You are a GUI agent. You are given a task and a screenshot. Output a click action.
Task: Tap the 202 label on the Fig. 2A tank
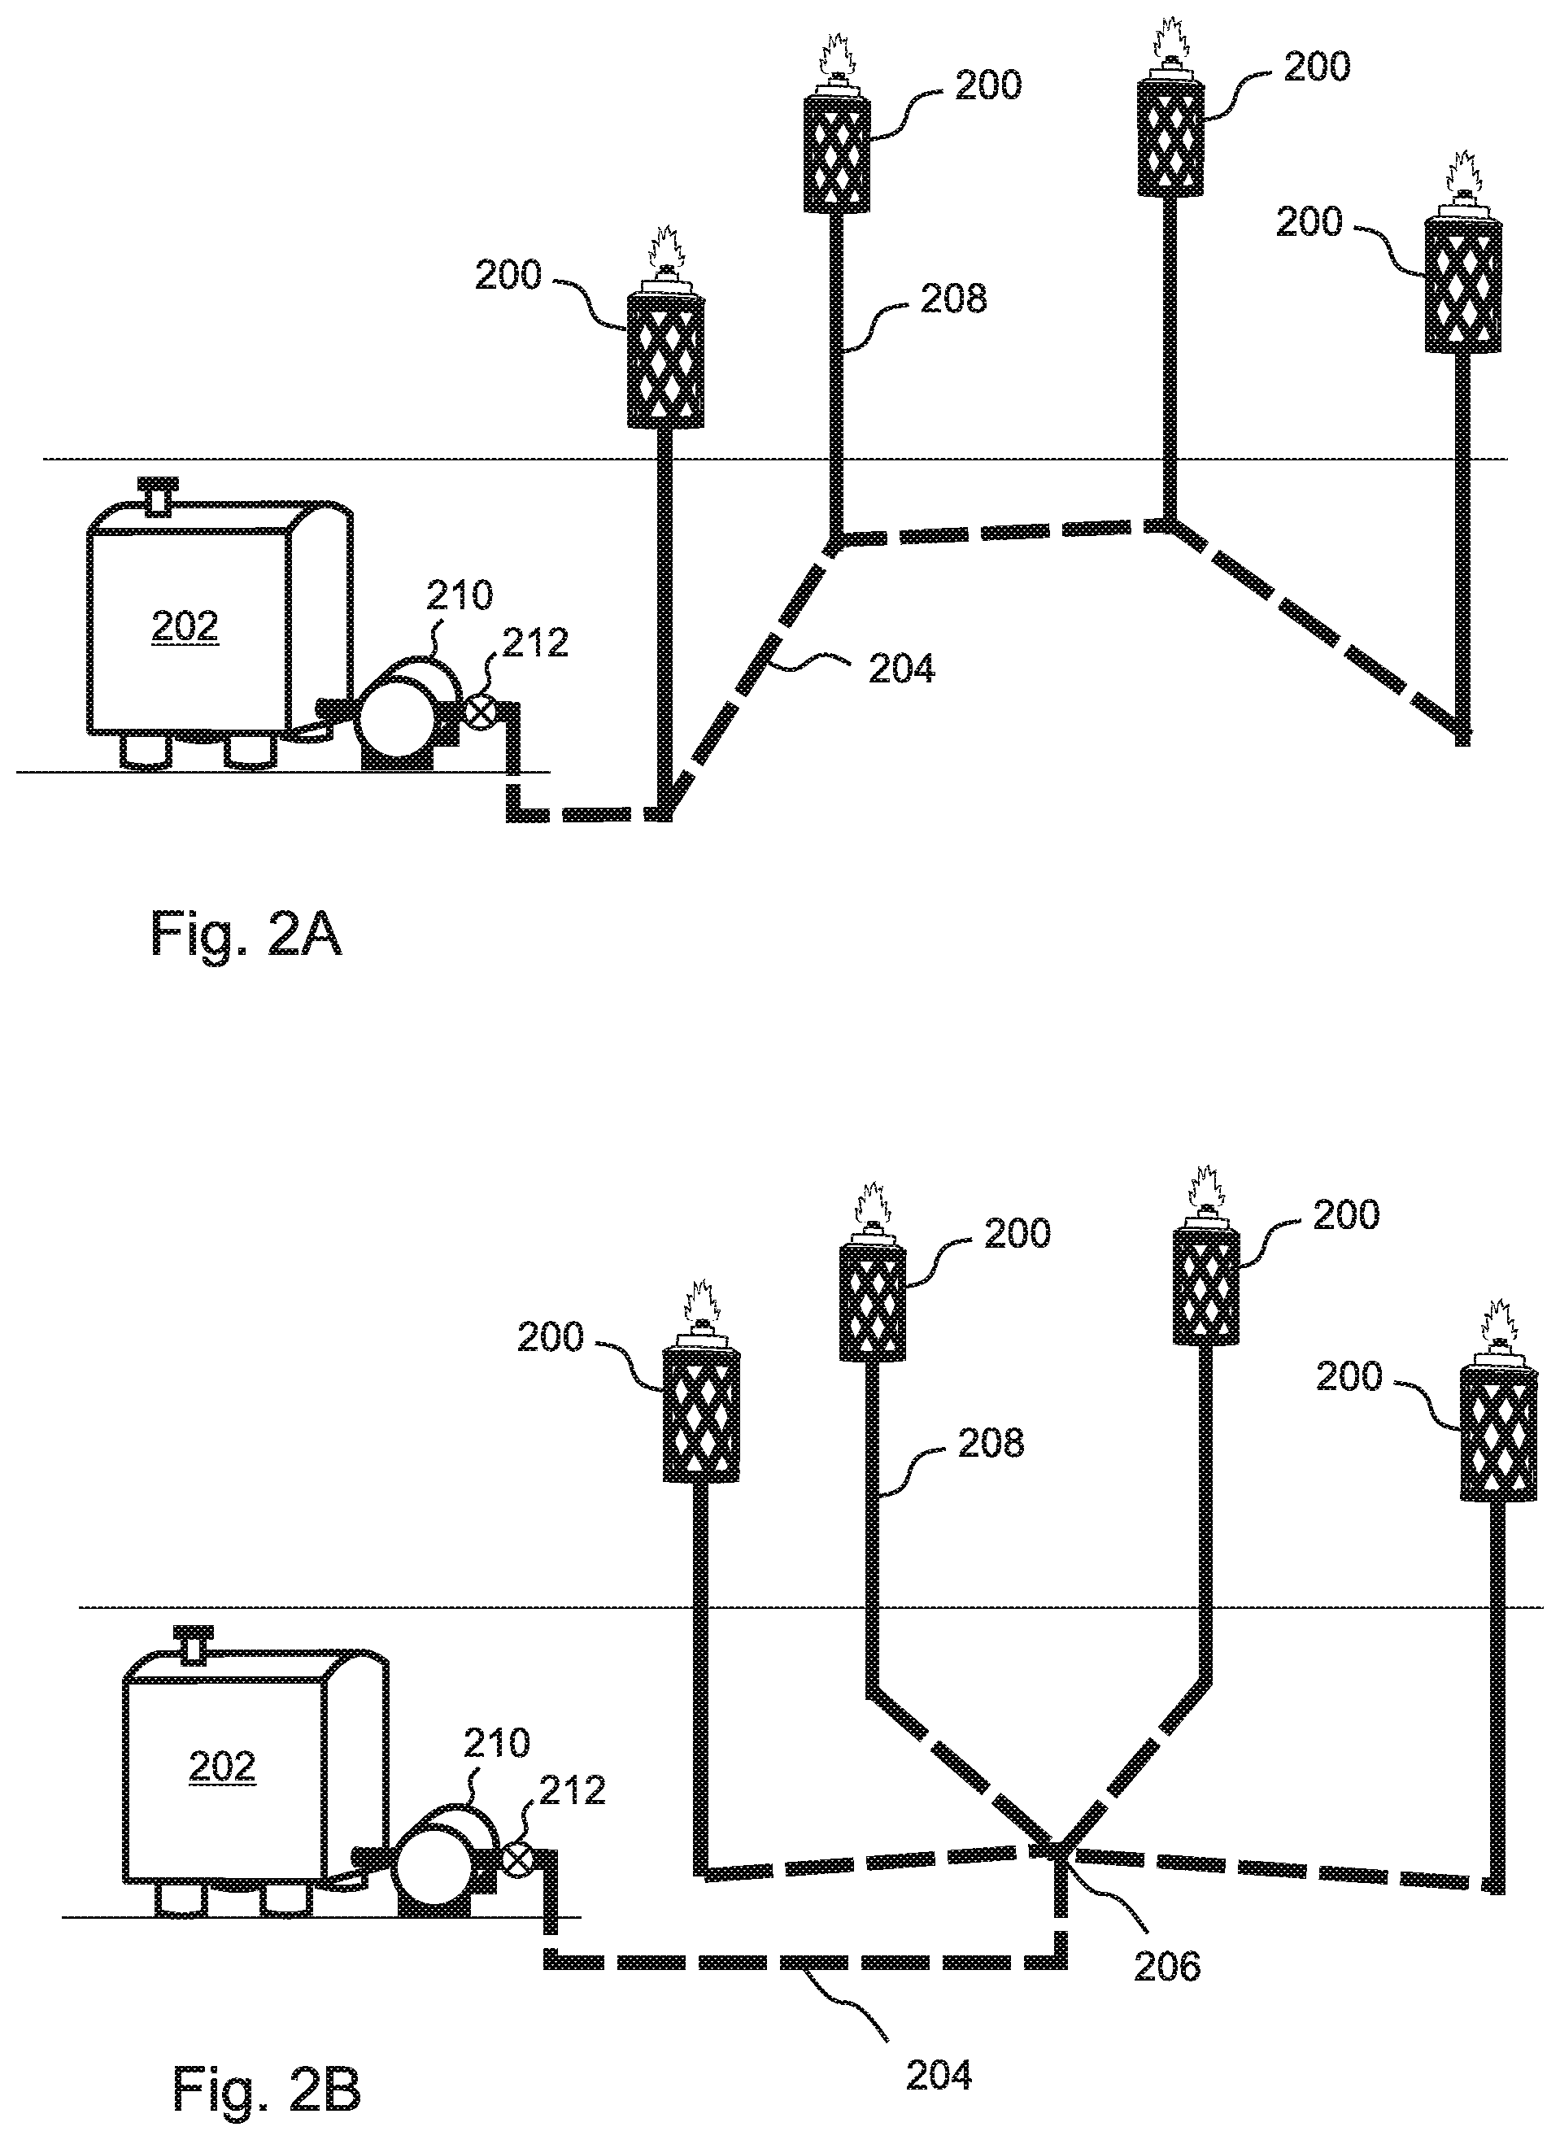coord(184,626)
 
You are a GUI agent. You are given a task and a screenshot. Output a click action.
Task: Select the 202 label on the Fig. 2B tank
coord(222,1766)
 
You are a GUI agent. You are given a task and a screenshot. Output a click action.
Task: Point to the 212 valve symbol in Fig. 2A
coord(480,710)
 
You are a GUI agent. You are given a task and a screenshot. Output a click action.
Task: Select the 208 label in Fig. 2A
coord(954,299)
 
